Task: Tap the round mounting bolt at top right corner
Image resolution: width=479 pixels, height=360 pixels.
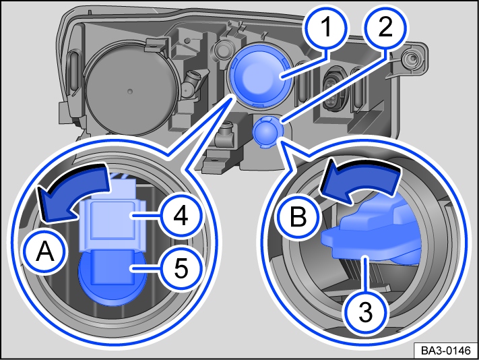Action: (x=409, y=60)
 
